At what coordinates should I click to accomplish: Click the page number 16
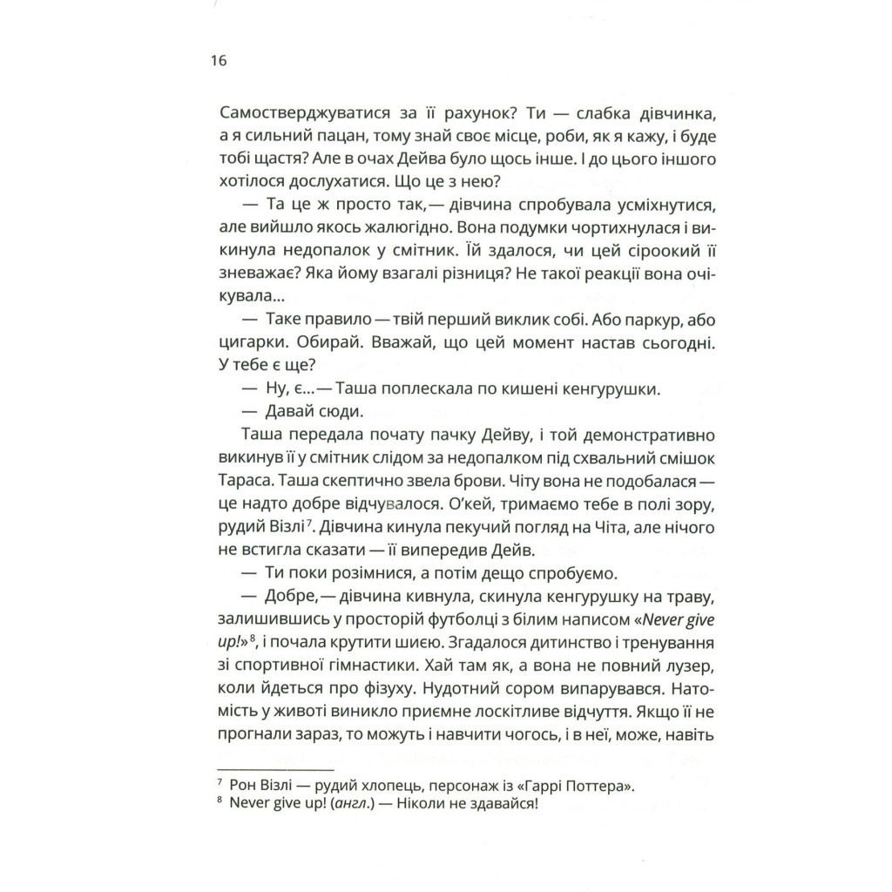(218, 62)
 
